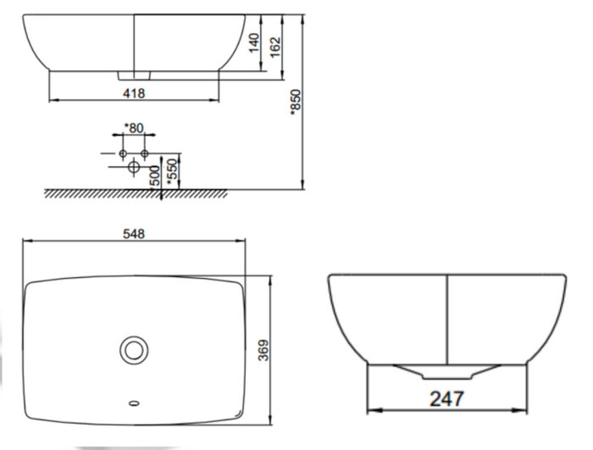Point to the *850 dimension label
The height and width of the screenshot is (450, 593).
point(296,101)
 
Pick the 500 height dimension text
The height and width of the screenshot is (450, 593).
point(155,175)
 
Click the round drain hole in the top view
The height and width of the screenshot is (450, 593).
point(133,348)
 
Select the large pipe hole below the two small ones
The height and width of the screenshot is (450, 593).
point(133,167)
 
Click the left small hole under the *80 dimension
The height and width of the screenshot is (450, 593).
point(123,153)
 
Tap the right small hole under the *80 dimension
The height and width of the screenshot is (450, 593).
point(144,153)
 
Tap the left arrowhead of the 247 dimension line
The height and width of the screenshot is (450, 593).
point(370,410)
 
